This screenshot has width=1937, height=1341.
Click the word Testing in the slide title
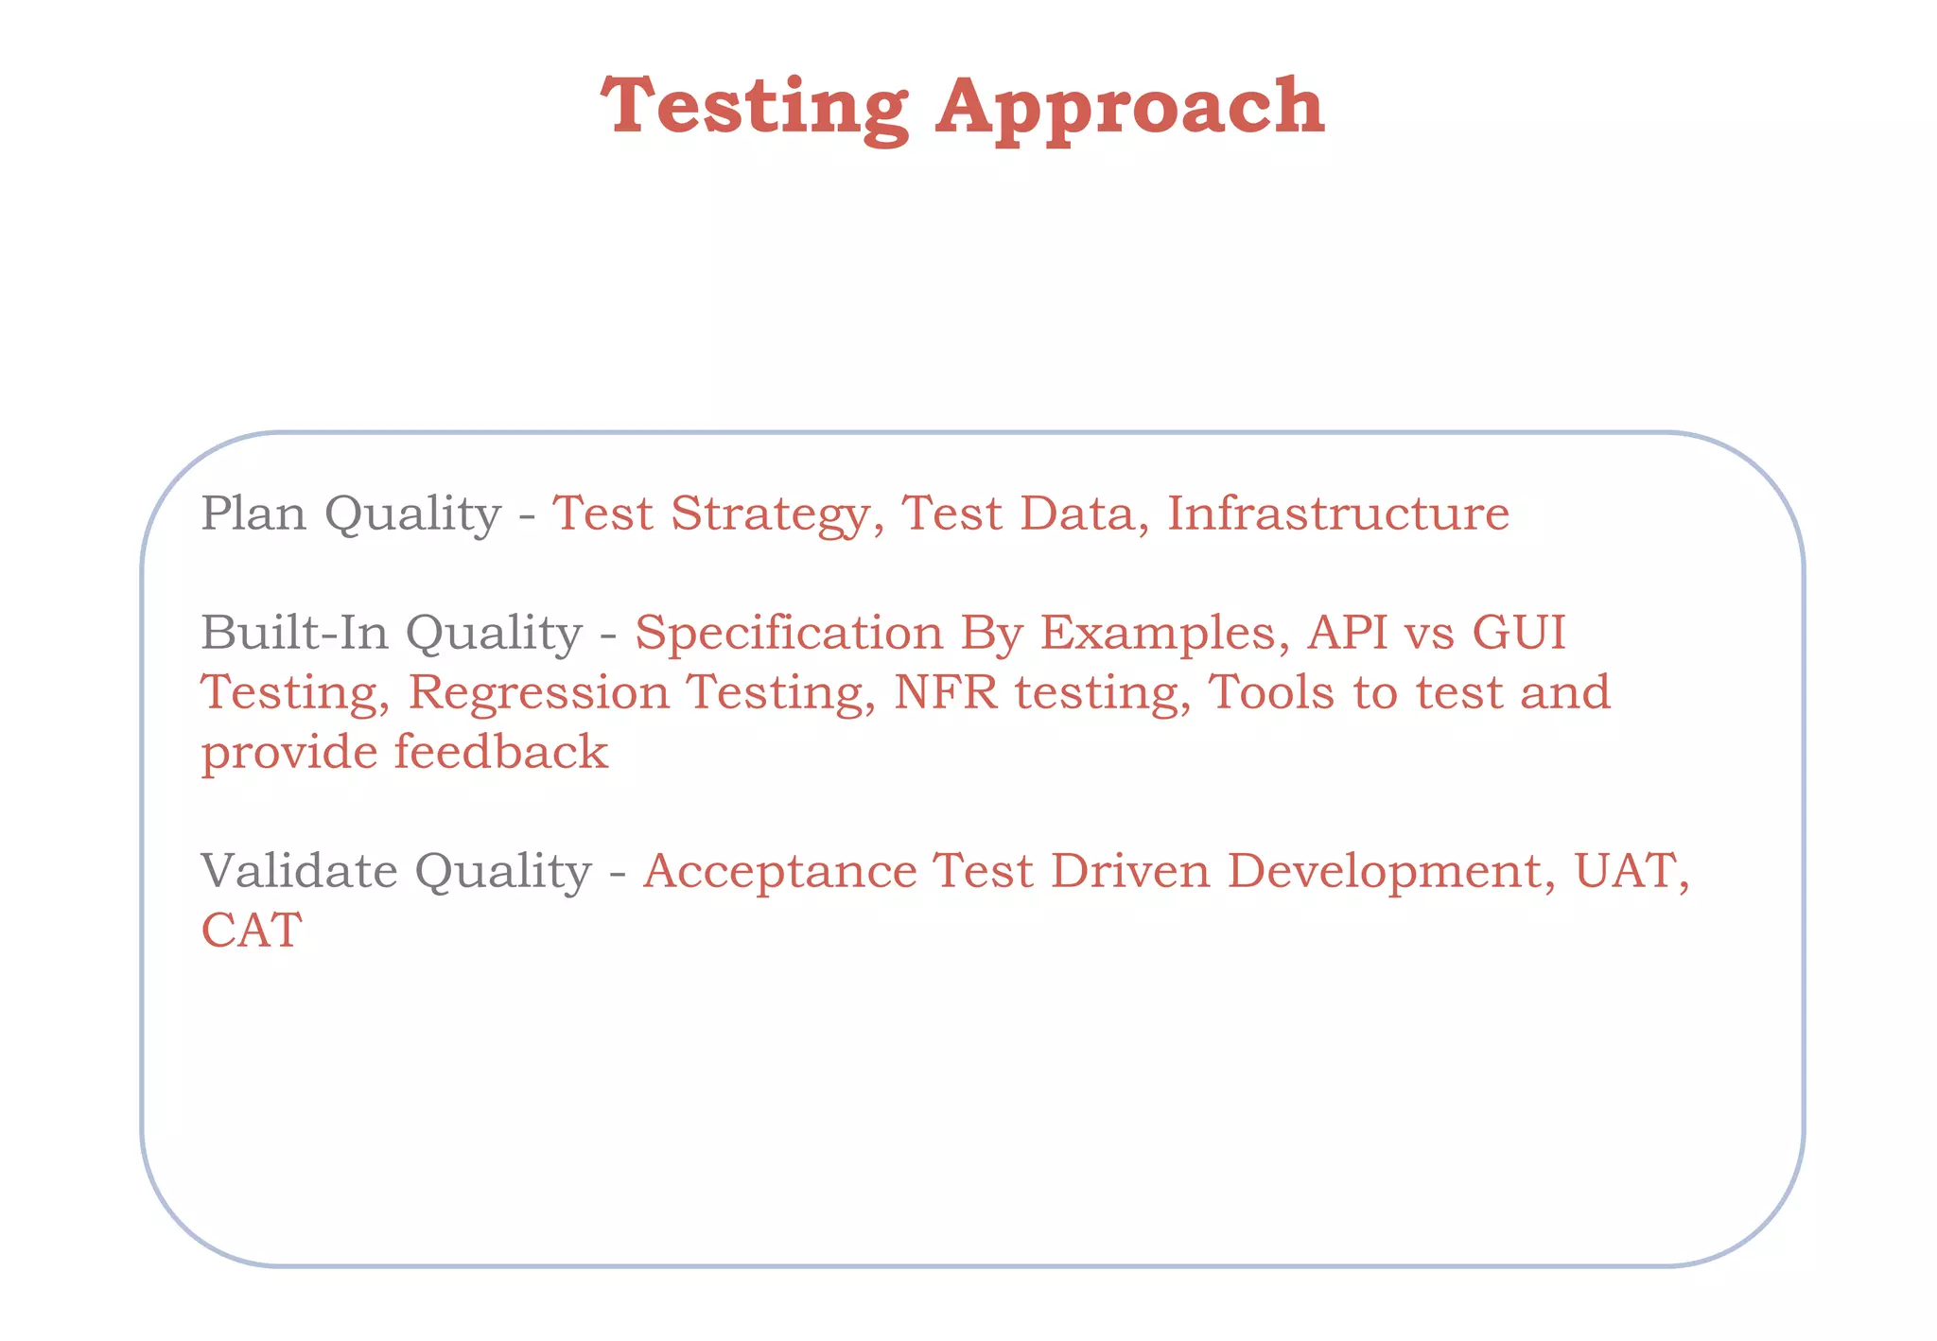click(x=755, y=107)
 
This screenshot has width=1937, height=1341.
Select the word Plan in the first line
click(x=253, y=514)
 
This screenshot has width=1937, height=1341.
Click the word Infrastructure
click(x=1337, y=514)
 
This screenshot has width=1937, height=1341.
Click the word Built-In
click(x=294, y=632)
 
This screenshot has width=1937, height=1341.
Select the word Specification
click(x=788, y=634)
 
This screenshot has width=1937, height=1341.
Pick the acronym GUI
click(x=1519, y=632)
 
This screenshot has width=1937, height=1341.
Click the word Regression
click(x=538, y=693)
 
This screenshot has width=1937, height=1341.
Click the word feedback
click(x=500, y=752)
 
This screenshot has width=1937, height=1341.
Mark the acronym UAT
click(x=1629, y=870)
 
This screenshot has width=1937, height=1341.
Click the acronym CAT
click(x=252, y=930)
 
